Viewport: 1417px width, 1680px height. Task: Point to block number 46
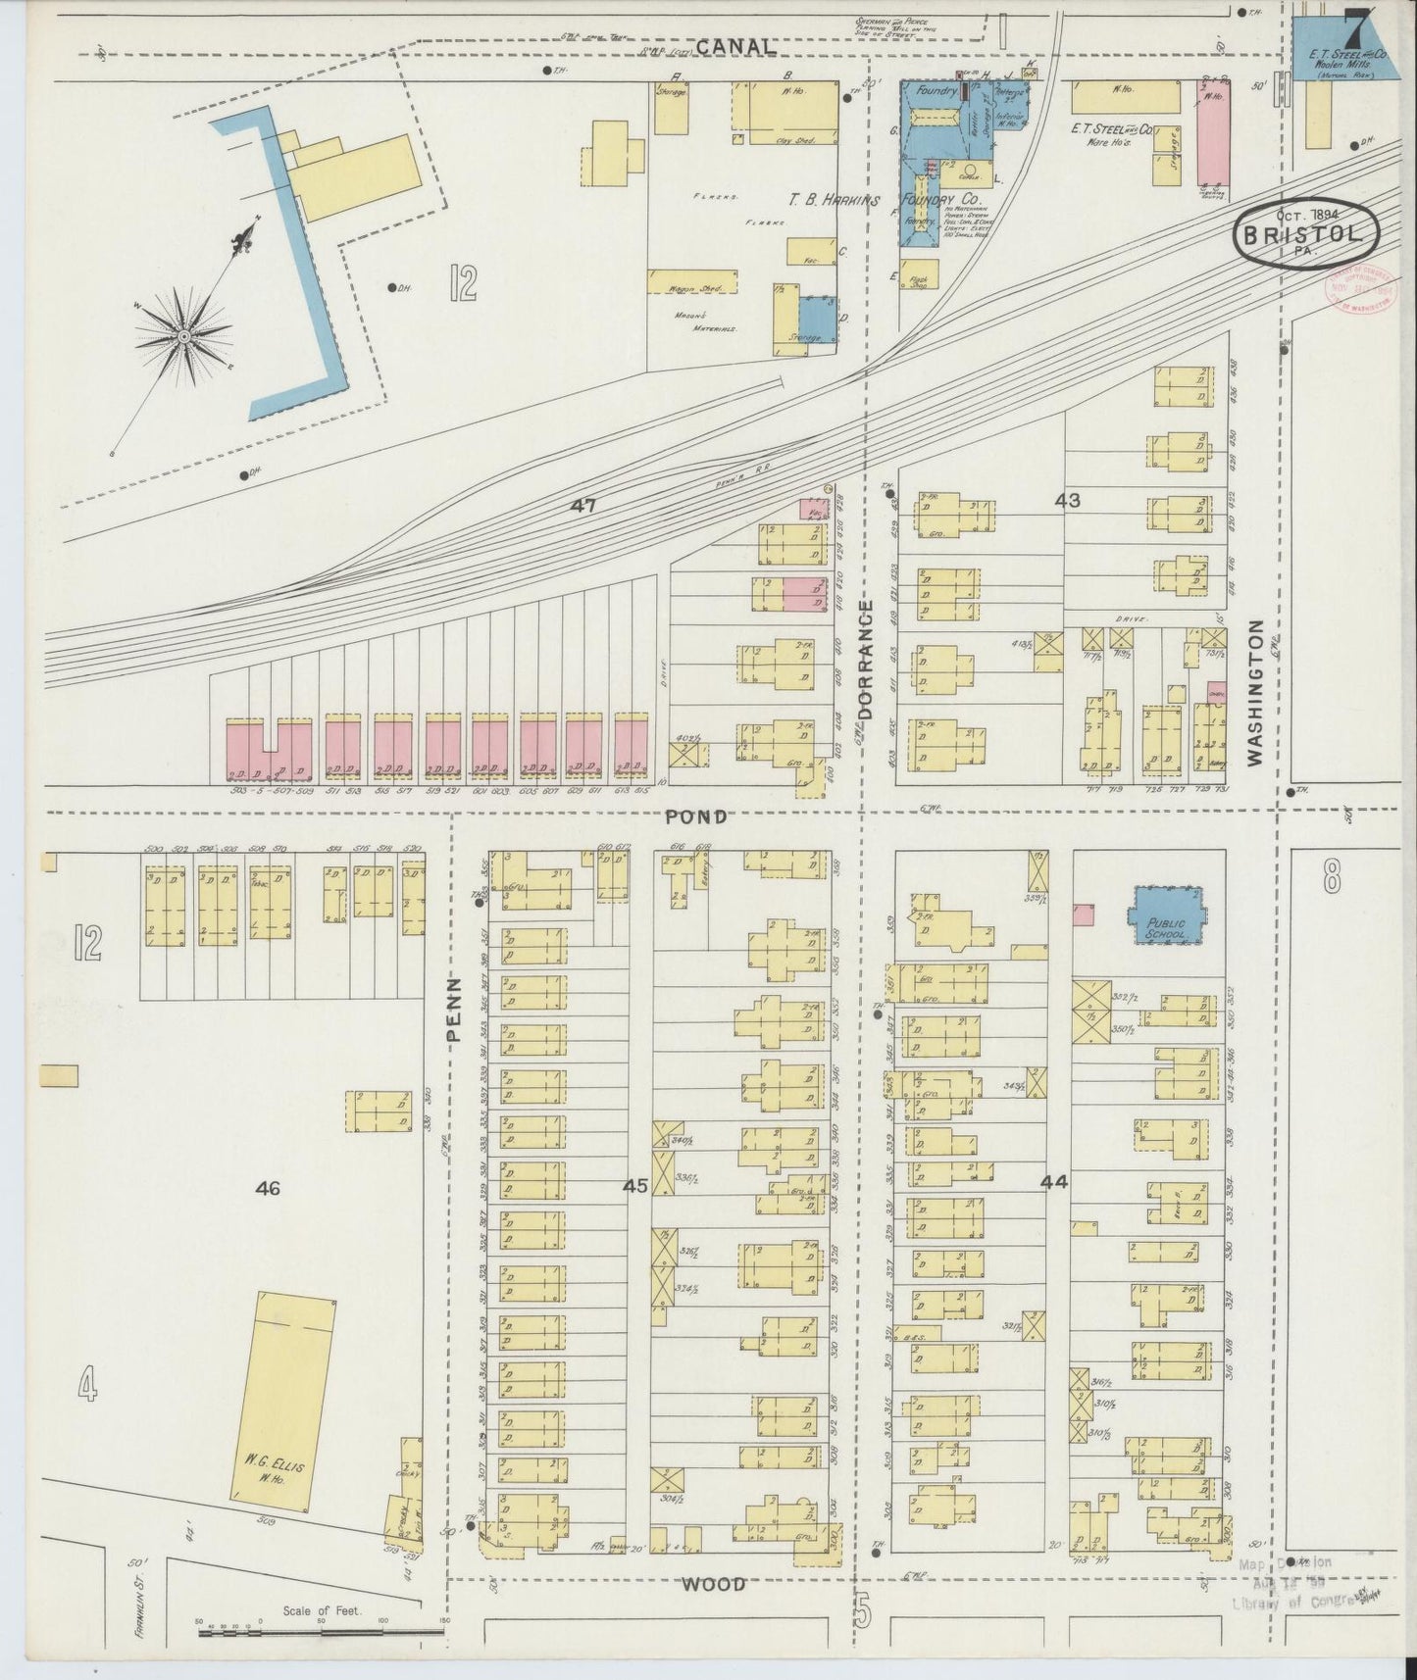click(x=268, y=1189)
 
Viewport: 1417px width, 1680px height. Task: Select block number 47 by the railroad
click(x=585, y=506)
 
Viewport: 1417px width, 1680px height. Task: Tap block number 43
click(x=1067, y=501)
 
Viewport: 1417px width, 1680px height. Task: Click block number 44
click(x=1054, y=1183)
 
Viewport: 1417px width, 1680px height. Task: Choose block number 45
click(x=635, y=1187)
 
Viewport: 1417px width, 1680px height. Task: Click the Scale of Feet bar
click(x=321, y=1633)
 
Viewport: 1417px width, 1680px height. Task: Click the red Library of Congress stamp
click(x=1358, y=289)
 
